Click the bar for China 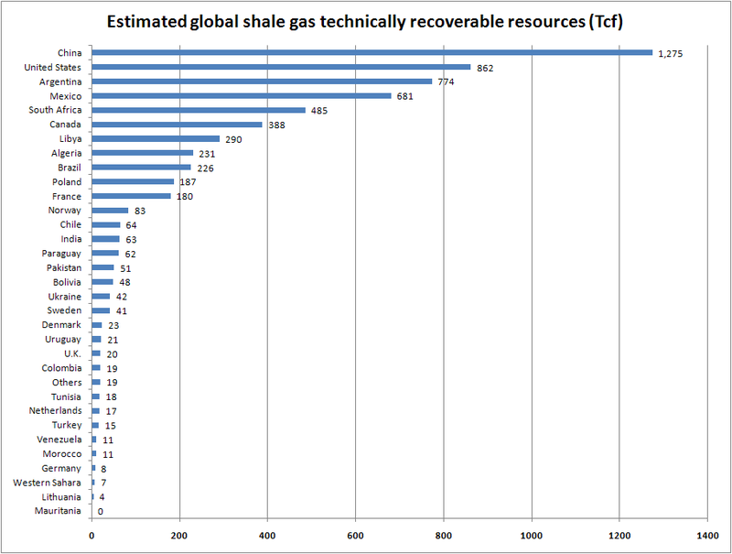tap(371, 52)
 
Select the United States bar tap(281, 67)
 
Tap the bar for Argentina tap(262, 81)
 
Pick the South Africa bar tap(199, 110)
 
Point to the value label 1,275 tap(672, 53)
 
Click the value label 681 tap(406, 96)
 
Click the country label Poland tap(66, 182)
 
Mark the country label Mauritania tap(59, 510)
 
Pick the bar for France tap(131, 196)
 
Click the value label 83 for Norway tap(140, 211)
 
